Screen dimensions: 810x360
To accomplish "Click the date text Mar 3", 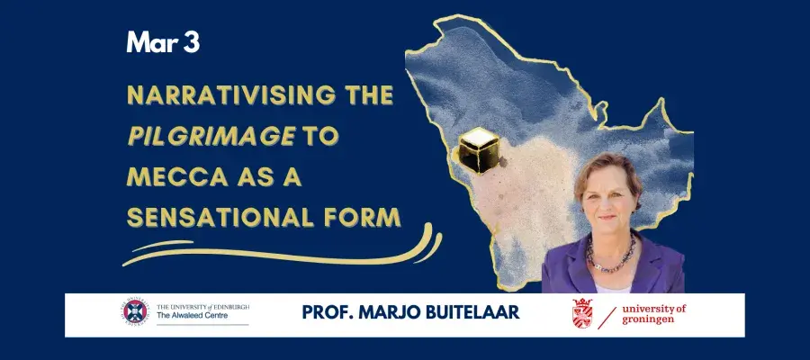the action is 163,42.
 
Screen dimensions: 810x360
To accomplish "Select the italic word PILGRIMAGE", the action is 211,136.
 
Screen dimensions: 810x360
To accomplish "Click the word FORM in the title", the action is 363,217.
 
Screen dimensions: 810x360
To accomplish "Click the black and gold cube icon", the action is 479,150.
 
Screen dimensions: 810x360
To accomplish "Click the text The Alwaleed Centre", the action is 192,316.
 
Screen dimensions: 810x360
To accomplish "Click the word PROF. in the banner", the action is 322,312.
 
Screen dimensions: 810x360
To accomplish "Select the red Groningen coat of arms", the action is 582,313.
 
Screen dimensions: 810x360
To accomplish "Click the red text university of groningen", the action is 654,314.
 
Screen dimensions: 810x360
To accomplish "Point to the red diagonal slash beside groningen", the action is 607,318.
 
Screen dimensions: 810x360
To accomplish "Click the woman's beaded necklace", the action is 611,256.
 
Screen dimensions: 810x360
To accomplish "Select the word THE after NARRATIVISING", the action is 367,95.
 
